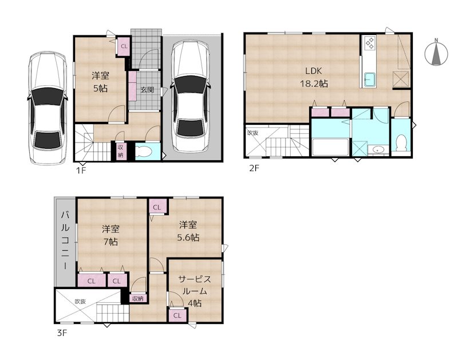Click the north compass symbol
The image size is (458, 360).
click(436, 53)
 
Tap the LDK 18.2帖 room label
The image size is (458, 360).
click(315, 77)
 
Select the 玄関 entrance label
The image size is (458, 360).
click(147, 89)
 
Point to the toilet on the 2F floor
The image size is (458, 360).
click(401, 141)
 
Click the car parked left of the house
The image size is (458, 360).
click(45, 107)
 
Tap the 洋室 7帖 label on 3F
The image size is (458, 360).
click(110, 235)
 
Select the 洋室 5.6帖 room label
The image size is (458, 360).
click(187, 231)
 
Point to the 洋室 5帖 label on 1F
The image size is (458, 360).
click(101, 82)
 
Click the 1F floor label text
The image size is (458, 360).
click(80, 170)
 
